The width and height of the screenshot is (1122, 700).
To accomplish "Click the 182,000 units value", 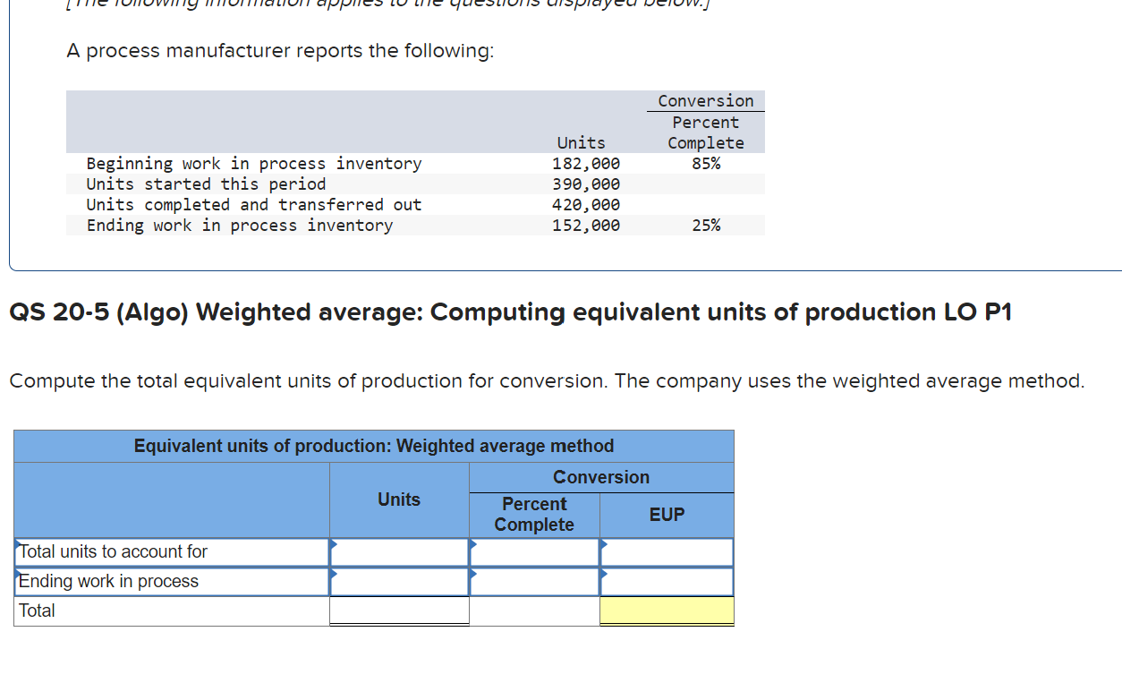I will point(586,164).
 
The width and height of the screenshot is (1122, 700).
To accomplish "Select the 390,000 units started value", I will point(586,184).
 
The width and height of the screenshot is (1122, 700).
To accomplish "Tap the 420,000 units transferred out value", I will point(586,205).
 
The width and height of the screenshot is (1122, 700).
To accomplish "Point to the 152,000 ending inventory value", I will point(586,226).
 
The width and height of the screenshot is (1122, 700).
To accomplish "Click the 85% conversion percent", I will point(705,164).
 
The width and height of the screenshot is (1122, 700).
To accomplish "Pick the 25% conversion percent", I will point(705,226).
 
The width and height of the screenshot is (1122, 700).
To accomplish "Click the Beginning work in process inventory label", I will point(253,164).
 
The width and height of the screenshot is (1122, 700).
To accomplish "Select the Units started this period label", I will point(206,184).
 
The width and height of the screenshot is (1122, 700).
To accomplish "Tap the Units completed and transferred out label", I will point(253,205).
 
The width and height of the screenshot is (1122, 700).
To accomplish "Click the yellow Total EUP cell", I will point(667,611).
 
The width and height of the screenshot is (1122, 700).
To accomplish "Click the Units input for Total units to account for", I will point(399,552).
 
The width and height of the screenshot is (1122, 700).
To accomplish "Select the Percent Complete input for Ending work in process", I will point(534,582).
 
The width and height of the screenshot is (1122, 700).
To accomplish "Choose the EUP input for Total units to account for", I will point(667,552).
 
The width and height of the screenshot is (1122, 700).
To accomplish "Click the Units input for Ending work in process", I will point(399,582).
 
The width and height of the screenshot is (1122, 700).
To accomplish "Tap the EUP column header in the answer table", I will point(667,515).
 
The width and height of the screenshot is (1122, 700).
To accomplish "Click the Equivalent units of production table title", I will point(374,446).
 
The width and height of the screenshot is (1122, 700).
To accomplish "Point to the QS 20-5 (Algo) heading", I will point(510,312).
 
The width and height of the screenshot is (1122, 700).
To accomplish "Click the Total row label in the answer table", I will point(38,611).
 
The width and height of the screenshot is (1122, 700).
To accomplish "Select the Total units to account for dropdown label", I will point(114,552).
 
